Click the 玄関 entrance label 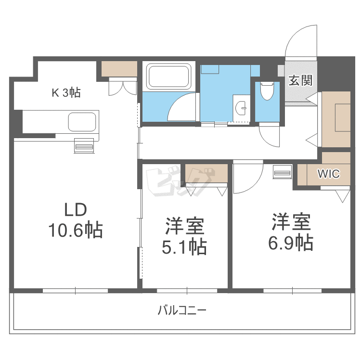[x=300, y=80]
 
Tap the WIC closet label [x=329, y=174]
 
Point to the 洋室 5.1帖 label [x=185, y=236]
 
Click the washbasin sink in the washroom [x=241, y=106]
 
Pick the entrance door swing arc [x=300, y=41]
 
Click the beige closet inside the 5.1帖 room [x=206, y=174]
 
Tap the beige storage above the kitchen [x=119, y=69]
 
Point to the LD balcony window [x=75, y=291]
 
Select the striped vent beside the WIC [x=282, y=172]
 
